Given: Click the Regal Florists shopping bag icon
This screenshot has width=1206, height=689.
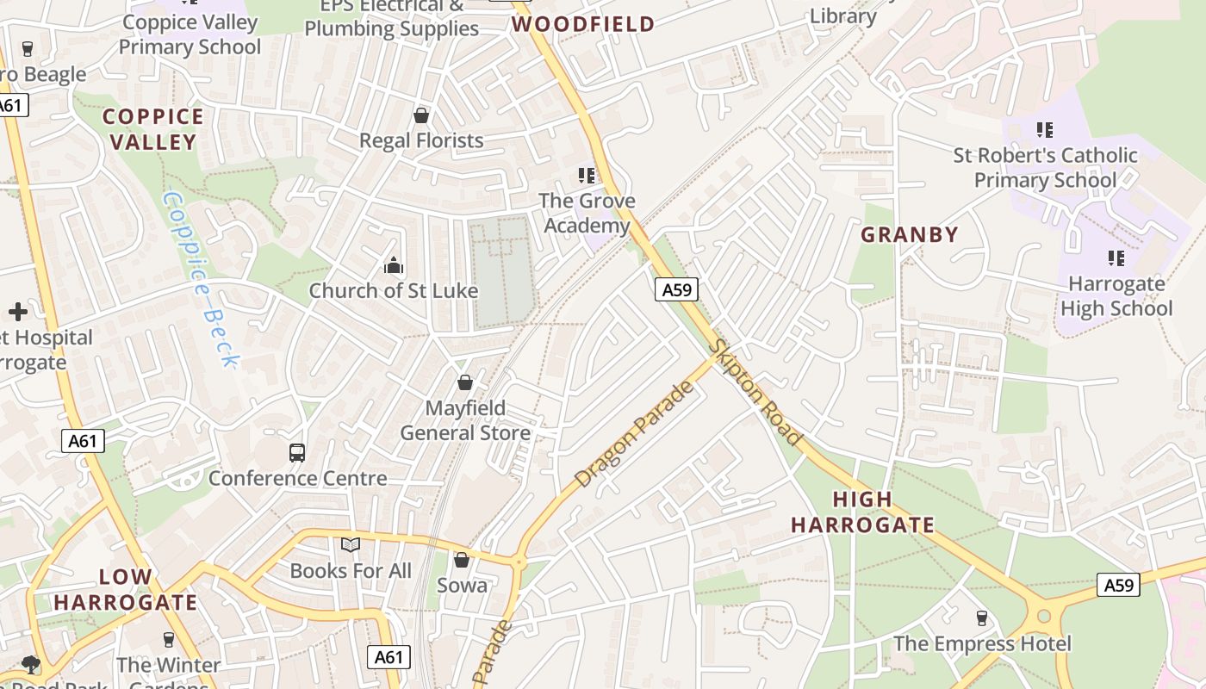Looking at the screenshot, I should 421,115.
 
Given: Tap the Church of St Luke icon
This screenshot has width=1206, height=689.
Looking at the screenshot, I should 394,265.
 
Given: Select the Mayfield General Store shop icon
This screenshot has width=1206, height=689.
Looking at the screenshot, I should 465,382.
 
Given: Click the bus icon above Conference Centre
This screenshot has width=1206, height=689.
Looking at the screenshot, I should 297,452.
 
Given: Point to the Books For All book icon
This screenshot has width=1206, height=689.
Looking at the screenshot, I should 350,544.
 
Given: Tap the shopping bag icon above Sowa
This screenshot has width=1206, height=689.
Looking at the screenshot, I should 462,560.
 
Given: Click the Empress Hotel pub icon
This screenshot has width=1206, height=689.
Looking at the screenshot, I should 981,618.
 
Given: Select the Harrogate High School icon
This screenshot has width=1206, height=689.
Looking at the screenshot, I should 1116,258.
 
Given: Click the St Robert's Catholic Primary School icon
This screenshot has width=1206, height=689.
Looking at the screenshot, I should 1044,130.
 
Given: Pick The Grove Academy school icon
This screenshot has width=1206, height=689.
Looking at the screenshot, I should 587,176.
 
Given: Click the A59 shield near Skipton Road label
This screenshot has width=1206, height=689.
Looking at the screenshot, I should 676,290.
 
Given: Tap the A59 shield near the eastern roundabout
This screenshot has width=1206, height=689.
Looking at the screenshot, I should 1119,586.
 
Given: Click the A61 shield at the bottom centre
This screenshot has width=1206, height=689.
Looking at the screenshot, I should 389,657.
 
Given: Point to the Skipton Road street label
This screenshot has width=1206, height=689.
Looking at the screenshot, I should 756,392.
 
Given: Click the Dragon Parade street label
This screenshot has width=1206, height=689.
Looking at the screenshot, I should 634,434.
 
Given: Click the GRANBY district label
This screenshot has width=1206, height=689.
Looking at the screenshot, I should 910,234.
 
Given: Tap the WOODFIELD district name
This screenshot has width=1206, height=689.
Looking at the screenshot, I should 583,24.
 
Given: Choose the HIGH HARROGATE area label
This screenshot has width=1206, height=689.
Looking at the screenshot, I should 862,512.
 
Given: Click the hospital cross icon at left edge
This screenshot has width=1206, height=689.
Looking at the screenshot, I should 18,311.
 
